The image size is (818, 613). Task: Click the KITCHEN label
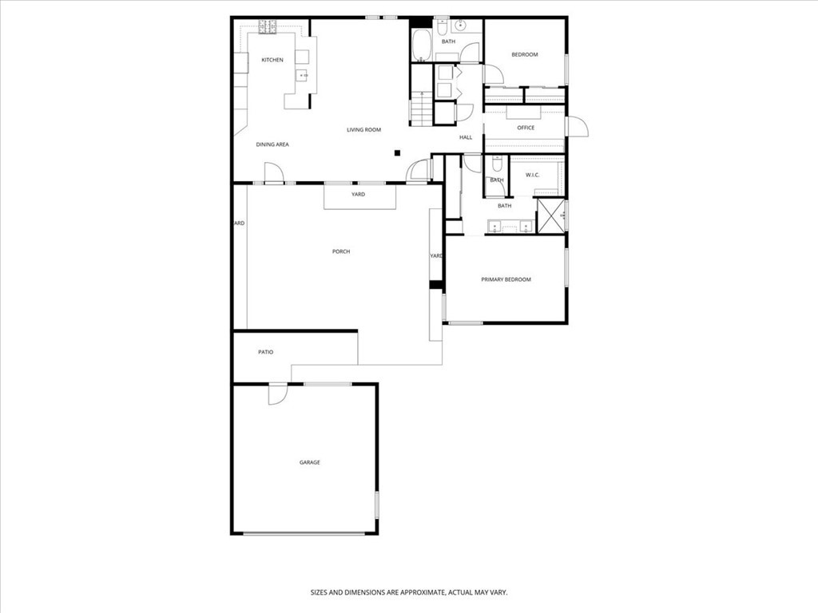[272, 60]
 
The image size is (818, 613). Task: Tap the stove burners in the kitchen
[266, 27]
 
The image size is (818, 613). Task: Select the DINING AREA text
[272, 144]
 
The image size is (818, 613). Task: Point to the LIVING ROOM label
[363, 129]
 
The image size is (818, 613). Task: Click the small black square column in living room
[397, 152]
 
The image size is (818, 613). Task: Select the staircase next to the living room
[421, 108]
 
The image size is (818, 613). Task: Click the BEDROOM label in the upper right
[525, 54]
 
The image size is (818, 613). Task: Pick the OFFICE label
[526, 128]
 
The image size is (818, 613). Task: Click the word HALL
[466, 137]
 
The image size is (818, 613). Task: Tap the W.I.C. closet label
[533, 174]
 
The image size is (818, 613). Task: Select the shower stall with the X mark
[550, 216]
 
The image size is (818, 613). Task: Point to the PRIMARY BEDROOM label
[506, 279]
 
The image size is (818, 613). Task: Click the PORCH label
[341, 251]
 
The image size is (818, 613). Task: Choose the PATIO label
[266, 351]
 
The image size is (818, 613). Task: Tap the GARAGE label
[310, 462]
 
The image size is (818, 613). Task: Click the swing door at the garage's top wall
[276, 394]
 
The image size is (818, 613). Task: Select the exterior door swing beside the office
[577, 126]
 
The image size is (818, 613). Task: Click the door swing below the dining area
[273, 172]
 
